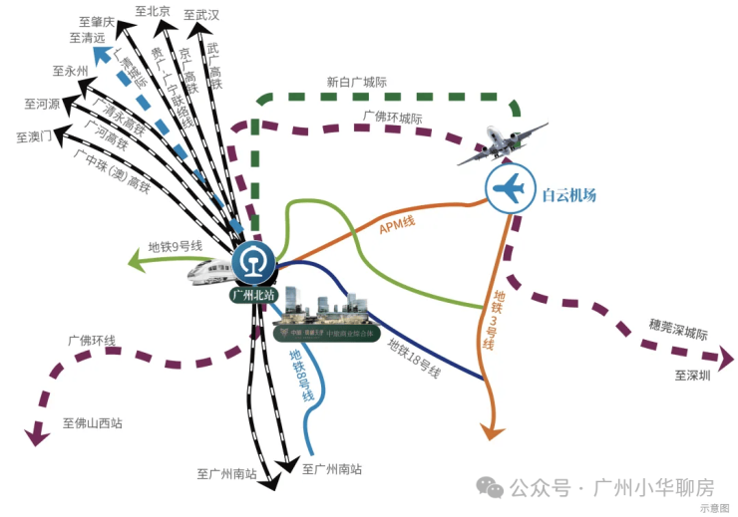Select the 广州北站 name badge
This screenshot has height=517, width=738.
point(253,295)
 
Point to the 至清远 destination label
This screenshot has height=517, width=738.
point(89,38)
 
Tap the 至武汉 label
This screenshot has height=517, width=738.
point(201,15)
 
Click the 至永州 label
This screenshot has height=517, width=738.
point(70,71)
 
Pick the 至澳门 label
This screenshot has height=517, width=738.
point(34,136)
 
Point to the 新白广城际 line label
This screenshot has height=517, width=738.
point(356,83)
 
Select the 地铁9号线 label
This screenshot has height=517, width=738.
point(176,246)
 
